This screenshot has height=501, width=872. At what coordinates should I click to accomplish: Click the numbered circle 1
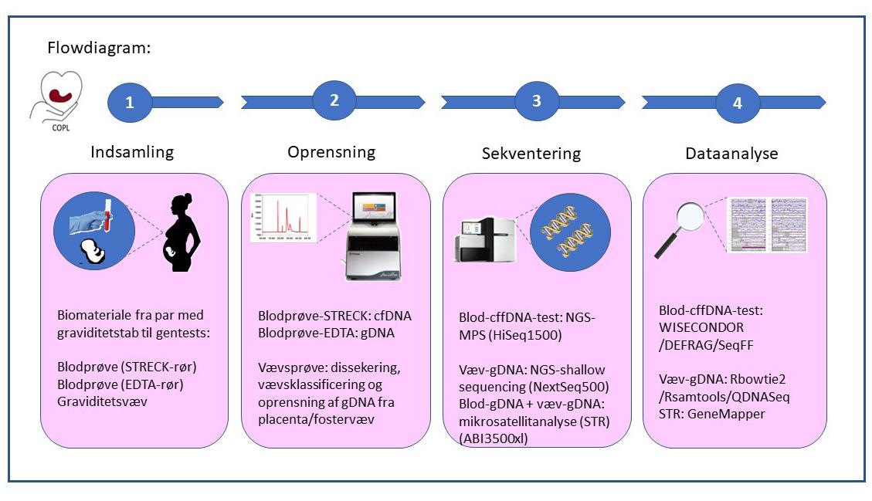pos(130,102)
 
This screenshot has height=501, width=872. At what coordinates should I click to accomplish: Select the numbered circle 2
pos(334,100)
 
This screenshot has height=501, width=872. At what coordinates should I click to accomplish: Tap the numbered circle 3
pos(537,101)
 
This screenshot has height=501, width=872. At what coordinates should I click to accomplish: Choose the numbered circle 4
pos(738,103)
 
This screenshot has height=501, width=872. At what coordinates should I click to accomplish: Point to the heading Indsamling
pos(132,151)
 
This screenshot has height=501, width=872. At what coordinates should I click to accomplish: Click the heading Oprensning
pos(331,152)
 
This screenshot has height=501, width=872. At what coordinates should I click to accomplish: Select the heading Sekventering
pos(531,153)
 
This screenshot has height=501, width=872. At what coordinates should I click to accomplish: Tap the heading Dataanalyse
pos(731,154)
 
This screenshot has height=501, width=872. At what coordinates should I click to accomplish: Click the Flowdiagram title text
pos(99,48)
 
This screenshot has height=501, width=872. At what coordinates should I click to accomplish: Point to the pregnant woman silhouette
pos(183,232)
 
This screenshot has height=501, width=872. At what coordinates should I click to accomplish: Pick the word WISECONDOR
pos(701,327)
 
